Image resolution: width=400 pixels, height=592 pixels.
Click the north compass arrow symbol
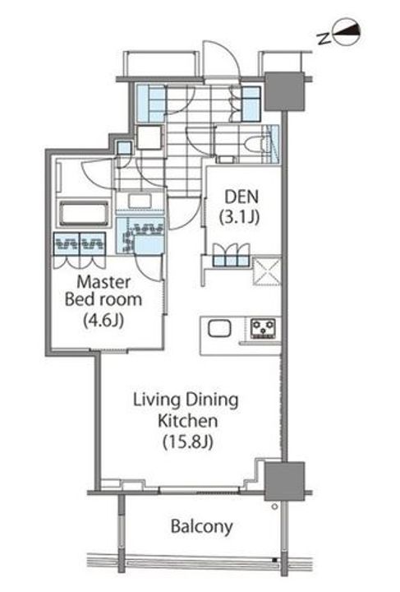point(347,35)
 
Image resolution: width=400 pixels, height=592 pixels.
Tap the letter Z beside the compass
point(324,38)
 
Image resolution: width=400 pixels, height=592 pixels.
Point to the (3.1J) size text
point(239,217)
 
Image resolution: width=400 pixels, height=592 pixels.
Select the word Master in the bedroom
point(103,282)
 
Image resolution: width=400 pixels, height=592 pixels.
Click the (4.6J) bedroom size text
point(103,321)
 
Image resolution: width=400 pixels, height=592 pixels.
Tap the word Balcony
point(202,526)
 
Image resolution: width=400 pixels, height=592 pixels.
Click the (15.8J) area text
point(187,442)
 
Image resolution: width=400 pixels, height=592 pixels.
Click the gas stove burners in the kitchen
point(263,328)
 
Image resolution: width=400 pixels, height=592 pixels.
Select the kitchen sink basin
point(219,328)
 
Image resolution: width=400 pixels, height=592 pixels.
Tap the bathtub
point(84,213)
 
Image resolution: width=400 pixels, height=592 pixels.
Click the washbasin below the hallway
point(140,201)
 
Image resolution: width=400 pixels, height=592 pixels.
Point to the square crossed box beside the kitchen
point(267,271)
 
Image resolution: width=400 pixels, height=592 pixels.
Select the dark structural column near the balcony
point(284,481)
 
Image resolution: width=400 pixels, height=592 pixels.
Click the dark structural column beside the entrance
point(284,91)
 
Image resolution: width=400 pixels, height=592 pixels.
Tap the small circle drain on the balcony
point(275,506)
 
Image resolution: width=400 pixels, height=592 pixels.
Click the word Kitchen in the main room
point(188,421)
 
